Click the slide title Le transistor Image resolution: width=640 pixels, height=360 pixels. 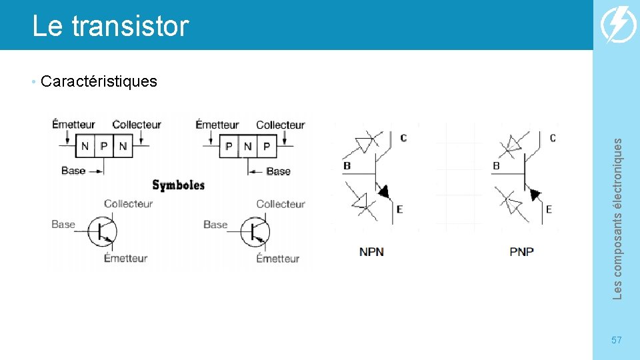click(x=111, y=27)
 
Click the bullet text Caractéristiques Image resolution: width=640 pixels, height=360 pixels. click(x=99, y=81)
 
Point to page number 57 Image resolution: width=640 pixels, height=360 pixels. click(x=617, y=340)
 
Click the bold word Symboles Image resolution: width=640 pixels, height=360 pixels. click(x=178, y=185)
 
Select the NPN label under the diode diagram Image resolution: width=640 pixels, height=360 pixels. click(x=371, y=252)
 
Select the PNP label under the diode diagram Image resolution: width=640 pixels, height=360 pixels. click(x=522, y=252)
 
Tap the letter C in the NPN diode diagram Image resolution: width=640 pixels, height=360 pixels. click(x=403, y=138)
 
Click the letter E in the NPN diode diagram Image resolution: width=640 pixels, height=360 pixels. click(x=399, y=209)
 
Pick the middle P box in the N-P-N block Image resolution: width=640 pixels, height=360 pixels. click(x=104, y=146)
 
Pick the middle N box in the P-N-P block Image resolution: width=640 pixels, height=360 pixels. click(x=247, y=146)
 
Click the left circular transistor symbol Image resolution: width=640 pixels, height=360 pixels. click(x=104, y=231)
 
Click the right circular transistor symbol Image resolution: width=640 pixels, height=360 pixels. click(x=256, y=231)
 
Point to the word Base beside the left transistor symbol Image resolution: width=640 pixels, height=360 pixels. click(x=63, y=225)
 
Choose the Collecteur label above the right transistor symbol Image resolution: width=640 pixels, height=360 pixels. click(x=280, y=204)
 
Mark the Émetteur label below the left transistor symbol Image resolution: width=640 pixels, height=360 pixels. click(x=125, y=258)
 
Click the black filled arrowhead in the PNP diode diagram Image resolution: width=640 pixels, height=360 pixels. click(x=535, y=194)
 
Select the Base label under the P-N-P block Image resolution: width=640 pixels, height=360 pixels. click(x=278, y=171)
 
